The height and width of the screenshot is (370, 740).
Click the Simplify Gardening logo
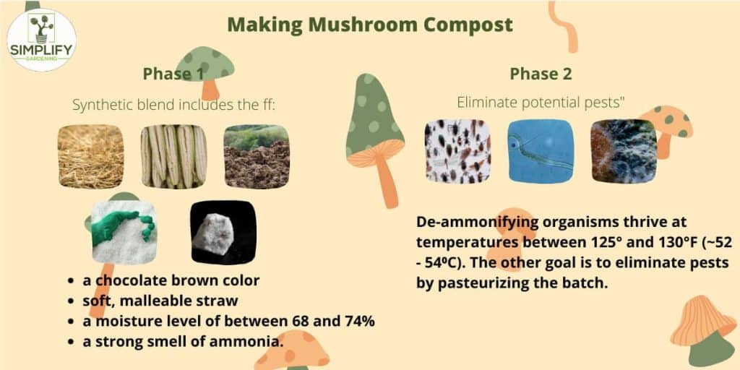pyautogui.click(x=41, y=40)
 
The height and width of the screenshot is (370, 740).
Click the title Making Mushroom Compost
pyautogui.click(x=370, y=24)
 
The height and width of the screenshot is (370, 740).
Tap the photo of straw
pyautogui.click(x=91, y=157)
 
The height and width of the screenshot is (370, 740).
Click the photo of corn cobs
pyautogui.click(x=173, y=157)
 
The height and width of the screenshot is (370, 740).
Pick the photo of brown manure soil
pyautogui.click(x=256, y=157)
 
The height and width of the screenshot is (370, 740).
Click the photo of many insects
pyautogui.click(x=457, y=151)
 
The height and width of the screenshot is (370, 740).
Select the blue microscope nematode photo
pyautogui.click(x=541, y=151)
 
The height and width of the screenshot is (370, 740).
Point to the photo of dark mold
pyautogui.click(x=623, y=151)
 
